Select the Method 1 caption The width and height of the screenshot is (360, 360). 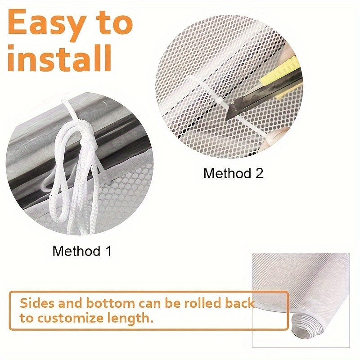(81, 251)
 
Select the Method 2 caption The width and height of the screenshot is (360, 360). (233, 173)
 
